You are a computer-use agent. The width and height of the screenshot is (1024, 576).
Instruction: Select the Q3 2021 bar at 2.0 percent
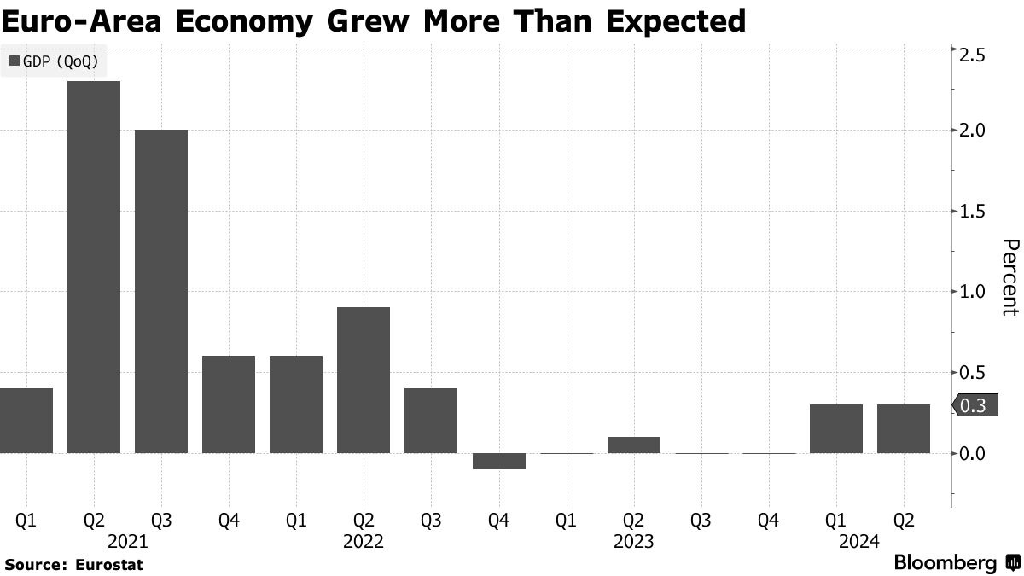[x=161, y=291]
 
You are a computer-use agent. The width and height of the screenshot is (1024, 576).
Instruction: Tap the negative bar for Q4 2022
[x=498, y=461]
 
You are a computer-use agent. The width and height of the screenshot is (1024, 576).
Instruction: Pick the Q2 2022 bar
[x=364, y=380]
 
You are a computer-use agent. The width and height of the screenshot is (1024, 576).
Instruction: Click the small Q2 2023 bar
[x=633, y=445]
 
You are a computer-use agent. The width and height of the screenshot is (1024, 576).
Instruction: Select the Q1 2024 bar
[x=835, y=428]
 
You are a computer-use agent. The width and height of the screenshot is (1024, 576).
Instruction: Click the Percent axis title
[x=1009, y=277]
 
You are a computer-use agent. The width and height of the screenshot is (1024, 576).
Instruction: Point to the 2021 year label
[x=128, y=541]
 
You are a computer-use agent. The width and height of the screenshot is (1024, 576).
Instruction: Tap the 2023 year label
[x=633, y=541]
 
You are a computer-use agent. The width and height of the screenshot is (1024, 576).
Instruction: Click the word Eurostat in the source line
[x=108, y=564]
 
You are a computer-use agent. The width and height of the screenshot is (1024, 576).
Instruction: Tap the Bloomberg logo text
[x=945, y=563]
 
